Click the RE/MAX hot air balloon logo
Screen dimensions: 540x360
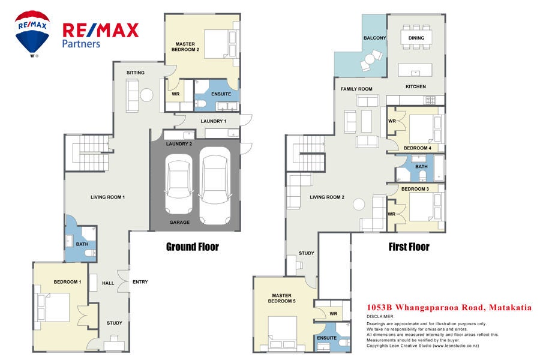[32, 33]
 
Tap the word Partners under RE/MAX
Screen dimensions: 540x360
[81, 44]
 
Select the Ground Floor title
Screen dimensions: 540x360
[193, 247]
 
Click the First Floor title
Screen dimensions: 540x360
[409, 247]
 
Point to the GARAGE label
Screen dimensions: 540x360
[179, 222]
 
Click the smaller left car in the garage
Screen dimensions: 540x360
[179, 184]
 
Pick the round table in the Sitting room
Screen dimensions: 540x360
[146, 95]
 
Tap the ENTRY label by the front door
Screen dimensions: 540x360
[140, 282]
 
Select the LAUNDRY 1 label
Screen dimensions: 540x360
[214, 121]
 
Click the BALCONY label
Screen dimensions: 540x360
[374, 38]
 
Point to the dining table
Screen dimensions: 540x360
[416, 38]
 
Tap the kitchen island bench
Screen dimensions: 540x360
[415, 70]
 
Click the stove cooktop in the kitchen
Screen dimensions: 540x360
[431, 100]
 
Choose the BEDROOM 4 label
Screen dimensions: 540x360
[418, 148]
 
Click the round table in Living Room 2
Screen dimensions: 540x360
[359, 204]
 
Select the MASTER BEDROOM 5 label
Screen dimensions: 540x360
[282, 298]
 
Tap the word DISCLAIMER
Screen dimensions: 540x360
[380, 316]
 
